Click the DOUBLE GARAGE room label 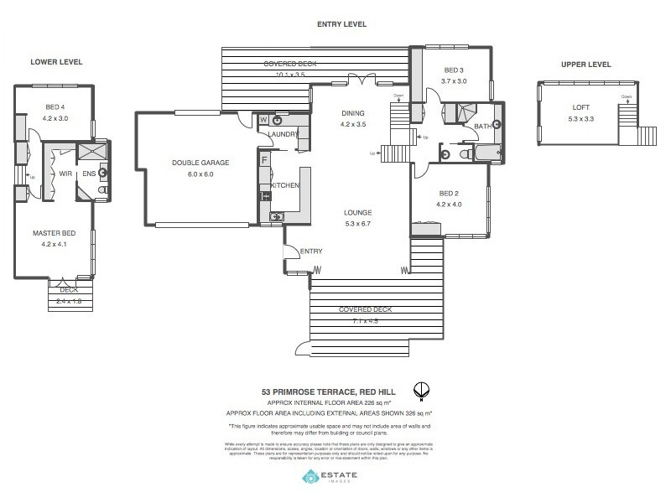[x=200, y=163]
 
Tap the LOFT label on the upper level [x=580, y=106]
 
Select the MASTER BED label [x=54, y=233]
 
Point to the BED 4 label [x=53, y=106]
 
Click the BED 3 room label [x=454, y=70]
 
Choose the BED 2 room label [x=449, y=193]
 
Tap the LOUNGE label [x=357, y=212]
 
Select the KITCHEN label [x=285, y=184]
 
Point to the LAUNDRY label [x=284, y=134]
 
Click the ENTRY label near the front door [x=310, y=251]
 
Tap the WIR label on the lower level [x=65, y=174]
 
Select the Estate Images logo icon [x=310, y=477]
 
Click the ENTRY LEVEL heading [x=341, y=24]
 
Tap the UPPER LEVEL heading [x=586, y=65]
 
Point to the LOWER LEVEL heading [x=56, y=62]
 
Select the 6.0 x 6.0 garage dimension [x=200, y=174]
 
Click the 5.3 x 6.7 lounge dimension [x=357, y=223]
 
